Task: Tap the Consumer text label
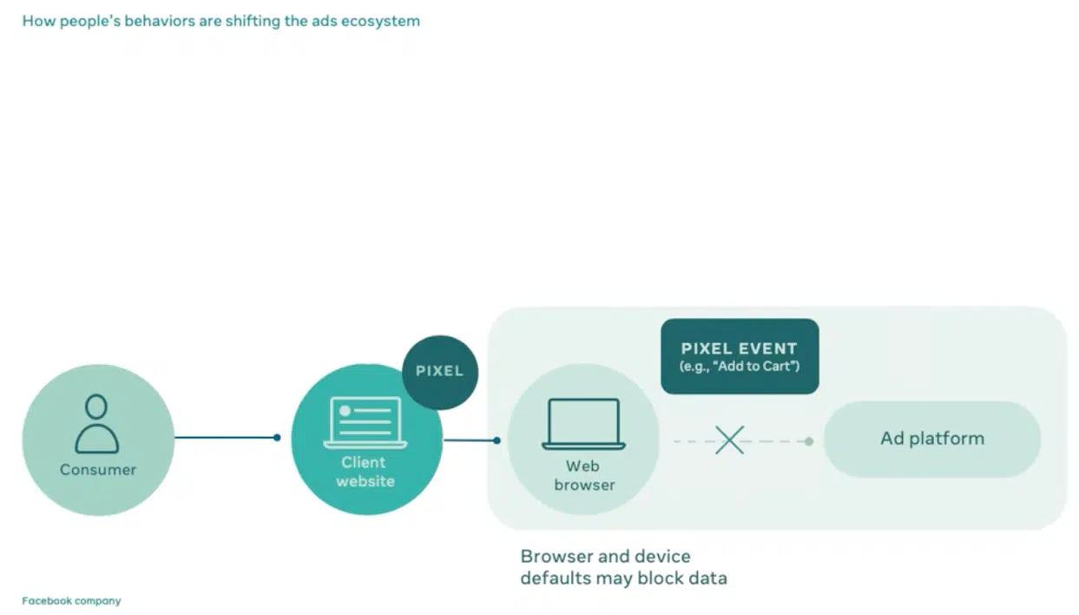98,470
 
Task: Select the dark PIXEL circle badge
440,371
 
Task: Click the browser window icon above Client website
365,423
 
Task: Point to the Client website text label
365,472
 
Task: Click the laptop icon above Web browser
583,424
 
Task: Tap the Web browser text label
583,475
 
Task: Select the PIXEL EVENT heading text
740,349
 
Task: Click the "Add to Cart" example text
740,367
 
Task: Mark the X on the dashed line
729,440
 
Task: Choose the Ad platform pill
932,439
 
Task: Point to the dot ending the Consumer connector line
277,438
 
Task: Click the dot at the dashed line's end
808,441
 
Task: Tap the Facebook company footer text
71,601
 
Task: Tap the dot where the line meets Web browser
497,440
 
